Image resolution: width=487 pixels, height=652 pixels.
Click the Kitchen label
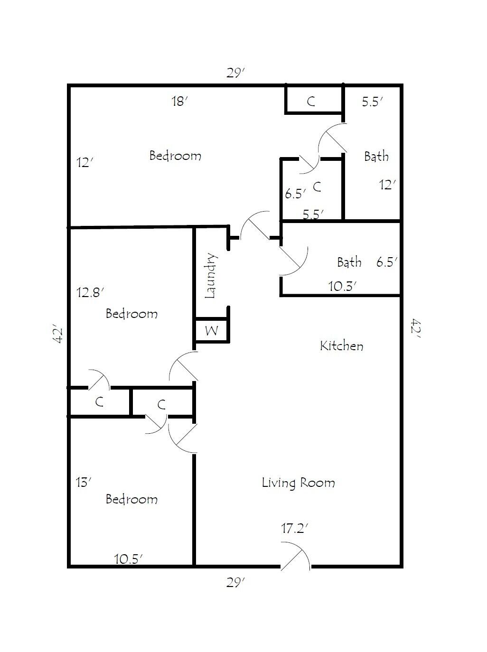(x=342, y=346)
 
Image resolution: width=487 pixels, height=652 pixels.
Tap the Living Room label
(x=298, y=483)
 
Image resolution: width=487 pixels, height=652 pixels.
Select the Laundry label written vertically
(x=211, y=276)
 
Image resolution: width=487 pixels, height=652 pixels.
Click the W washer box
(x=212, y=330)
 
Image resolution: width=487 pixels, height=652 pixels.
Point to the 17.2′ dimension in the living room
(x=295, y=528)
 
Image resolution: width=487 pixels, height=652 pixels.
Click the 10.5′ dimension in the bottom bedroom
(x=128, y=559)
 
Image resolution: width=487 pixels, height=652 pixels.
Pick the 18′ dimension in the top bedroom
(x=180, y=101)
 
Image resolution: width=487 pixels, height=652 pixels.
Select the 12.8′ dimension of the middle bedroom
(x=90, y=292)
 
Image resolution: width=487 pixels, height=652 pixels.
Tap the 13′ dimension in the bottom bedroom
(x=84, y=483)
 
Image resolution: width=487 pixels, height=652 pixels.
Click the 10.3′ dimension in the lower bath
(x=342, y=286)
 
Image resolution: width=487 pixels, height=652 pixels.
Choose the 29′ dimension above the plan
(x=235, y=73)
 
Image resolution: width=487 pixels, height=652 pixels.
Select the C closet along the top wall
(x=311, y=101)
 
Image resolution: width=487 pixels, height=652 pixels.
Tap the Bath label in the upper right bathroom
(x=376, y=156)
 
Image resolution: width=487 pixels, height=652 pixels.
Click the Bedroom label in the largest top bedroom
(x=175, y=156)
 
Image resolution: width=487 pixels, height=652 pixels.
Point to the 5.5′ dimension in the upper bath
(x=372, y=102)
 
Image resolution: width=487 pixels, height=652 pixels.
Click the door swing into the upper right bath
(x=332, y=138)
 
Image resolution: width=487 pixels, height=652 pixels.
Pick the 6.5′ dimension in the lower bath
(x=386, y=262)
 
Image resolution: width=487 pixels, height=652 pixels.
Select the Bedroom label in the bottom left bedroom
(x=131, y=499)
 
